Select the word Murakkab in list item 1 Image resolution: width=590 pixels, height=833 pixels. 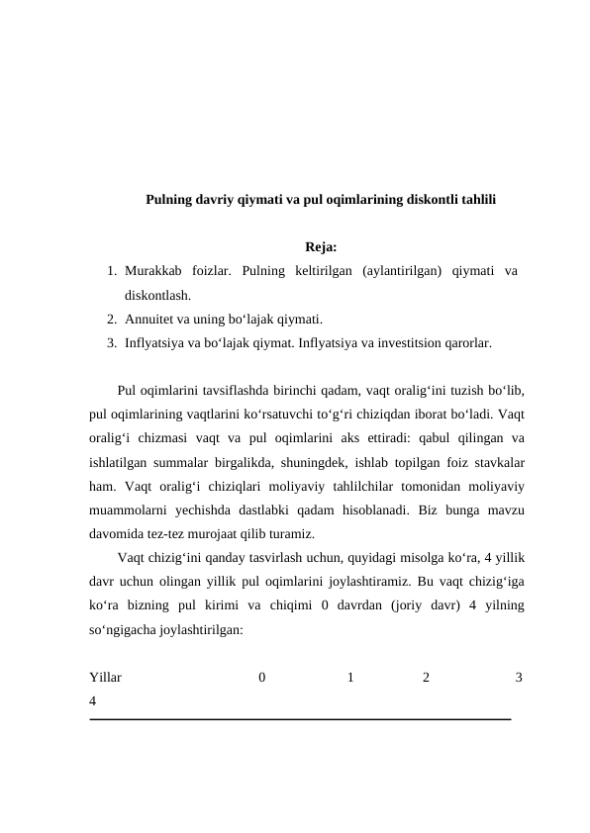coord(156,270)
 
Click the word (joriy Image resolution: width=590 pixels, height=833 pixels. coord(404,605)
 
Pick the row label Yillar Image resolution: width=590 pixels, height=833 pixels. coord(106,678)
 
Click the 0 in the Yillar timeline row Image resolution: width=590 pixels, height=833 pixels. coord(261,678)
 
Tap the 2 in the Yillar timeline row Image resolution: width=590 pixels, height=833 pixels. coord(426,678)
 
